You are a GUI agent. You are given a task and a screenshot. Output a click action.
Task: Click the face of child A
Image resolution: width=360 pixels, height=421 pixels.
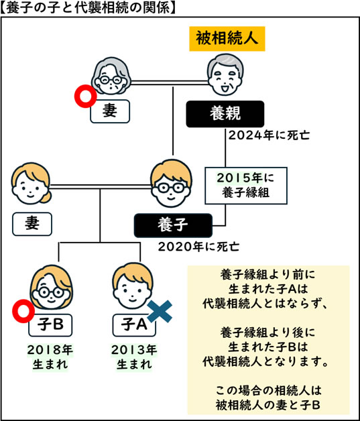coord(130,286)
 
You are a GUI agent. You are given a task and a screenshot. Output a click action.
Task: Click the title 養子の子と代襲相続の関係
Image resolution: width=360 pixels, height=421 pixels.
coord(89,8)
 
